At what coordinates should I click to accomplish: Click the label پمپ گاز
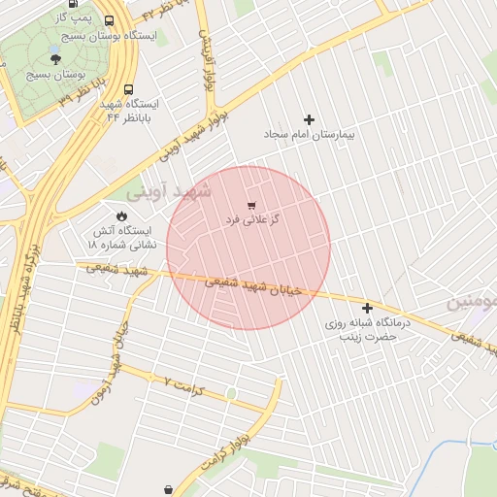pyautogui.click(x=74, y=18)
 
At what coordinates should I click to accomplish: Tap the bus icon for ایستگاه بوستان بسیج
pyautogui.click(x=109, y=18)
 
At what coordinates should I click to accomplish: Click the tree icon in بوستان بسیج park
pyautogui.click(x=68, y=58)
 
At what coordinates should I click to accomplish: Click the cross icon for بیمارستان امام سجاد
pyautogui.click(x=310, y=119)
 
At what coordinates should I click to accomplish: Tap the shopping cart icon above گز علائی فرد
pyautogui.click(x=252, y=205)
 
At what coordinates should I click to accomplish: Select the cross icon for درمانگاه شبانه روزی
pyautogui.click(x=368, y=308)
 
